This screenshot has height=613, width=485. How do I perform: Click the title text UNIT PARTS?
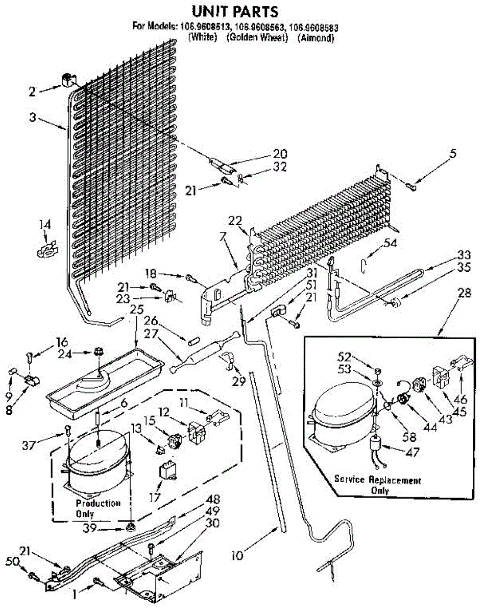tap(235, 11)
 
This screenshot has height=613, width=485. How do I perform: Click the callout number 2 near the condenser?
tap(33, 91)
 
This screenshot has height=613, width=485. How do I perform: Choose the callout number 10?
tap(238, 555)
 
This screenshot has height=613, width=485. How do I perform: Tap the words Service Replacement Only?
tap(378, 485)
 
